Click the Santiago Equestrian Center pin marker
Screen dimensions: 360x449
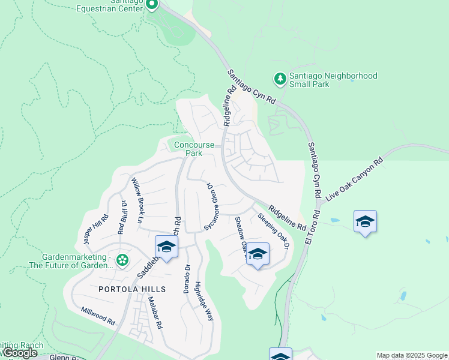pyautogui.click(x=151, y=5)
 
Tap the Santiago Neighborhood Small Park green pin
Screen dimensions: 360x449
pyautogui.click(x=280, y=79)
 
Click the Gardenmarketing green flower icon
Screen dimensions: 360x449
pyautogui.click(x=122, y=260)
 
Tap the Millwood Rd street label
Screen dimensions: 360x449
pyautogui.click(x=98, y=317)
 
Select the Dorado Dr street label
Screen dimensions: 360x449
pyautogui.click(x=187, y=279)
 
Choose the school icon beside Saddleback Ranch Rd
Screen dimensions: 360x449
pyautogui.click(x=167, y=247)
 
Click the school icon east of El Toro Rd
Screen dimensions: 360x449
pyautogui.click(x=365, y=221)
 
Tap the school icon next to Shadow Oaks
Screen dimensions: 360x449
pyautogui.click(x=258, y=254)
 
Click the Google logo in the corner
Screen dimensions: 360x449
pyautogui.click(x=19, y=353)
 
